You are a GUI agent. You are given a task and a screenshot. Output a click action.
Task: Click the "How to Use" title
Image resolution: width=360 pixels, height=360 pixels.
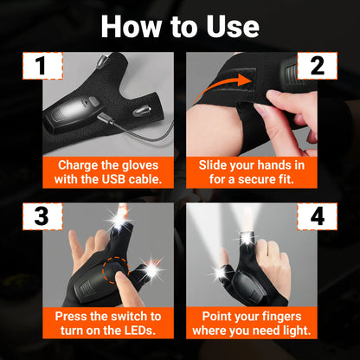tap(180, 25)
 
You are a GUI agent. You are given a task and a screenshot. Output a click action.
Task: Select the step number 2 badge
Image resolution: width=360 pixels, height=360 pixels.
tap(317, 67)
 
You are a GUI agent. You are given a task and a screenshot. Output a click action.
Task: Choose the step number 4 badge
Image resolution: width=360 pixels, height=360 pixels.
tap(317, 216)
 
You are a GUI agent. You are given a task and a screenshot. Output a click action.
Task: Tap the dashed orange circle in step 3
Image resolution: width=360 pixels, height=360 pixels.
tap(117, 278)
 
